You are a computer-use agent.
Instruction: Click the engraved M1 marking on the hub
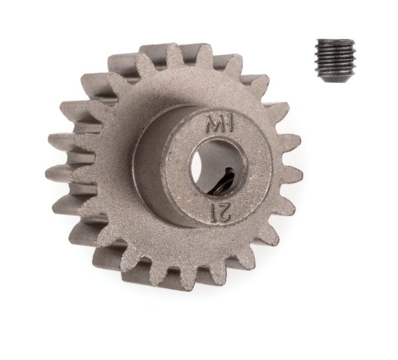220,125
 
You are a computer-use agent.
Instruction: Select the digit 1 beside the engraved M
230,124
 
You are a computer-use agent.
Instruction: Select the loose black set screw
335,61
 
